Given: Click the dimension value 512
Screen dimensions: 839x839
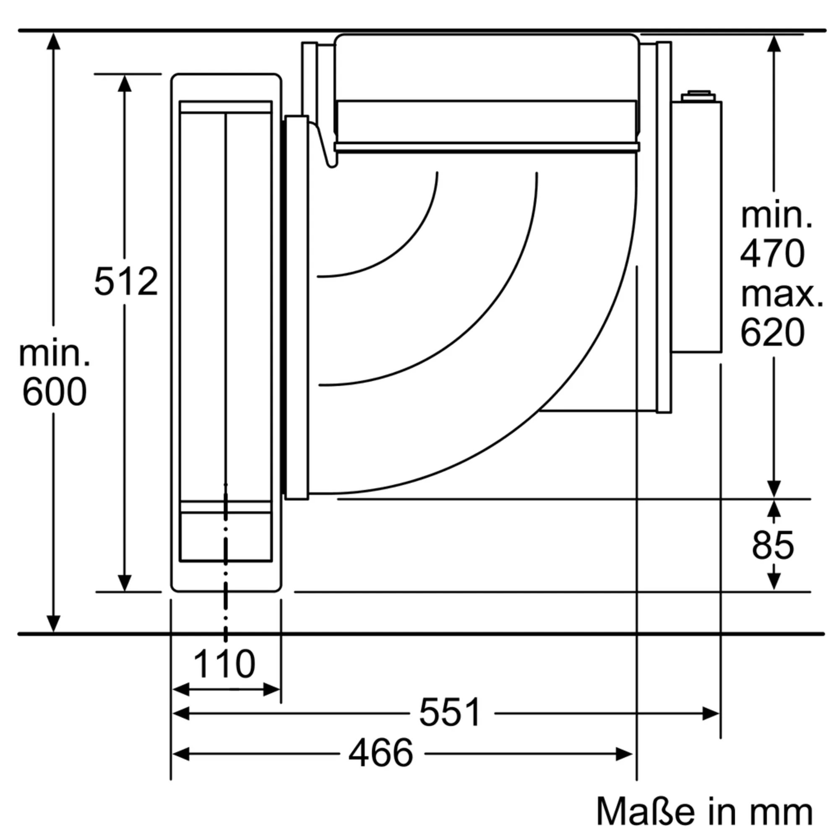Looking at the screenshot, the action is pyautogui.click(x=126, y=281).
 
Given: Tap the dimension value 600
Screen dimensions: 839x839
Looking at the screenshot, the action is pyautogui.click(x=54, y=392).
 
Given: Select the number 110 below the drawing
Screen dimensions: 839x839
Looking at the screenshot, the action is pyautogui.click(x=224, y=664).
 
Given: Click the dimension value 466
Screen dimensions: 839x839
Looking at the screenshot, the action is pyautogui.click(x=381, y=753).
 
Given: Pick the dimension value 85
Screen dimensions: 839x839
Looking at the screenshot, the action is pyautogui.click(x=773, y=545).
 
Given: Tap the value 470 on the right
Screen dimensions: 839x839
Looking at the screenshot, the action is pyautogui.click(x=773, y=253).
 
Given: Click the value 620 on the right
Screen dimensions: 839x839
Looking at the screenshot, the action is pyautogui.click(x=773, y=333).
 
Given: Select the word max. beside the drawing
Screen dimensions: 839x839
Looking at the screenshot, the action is pyautogui.click(x=782, y=295).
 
